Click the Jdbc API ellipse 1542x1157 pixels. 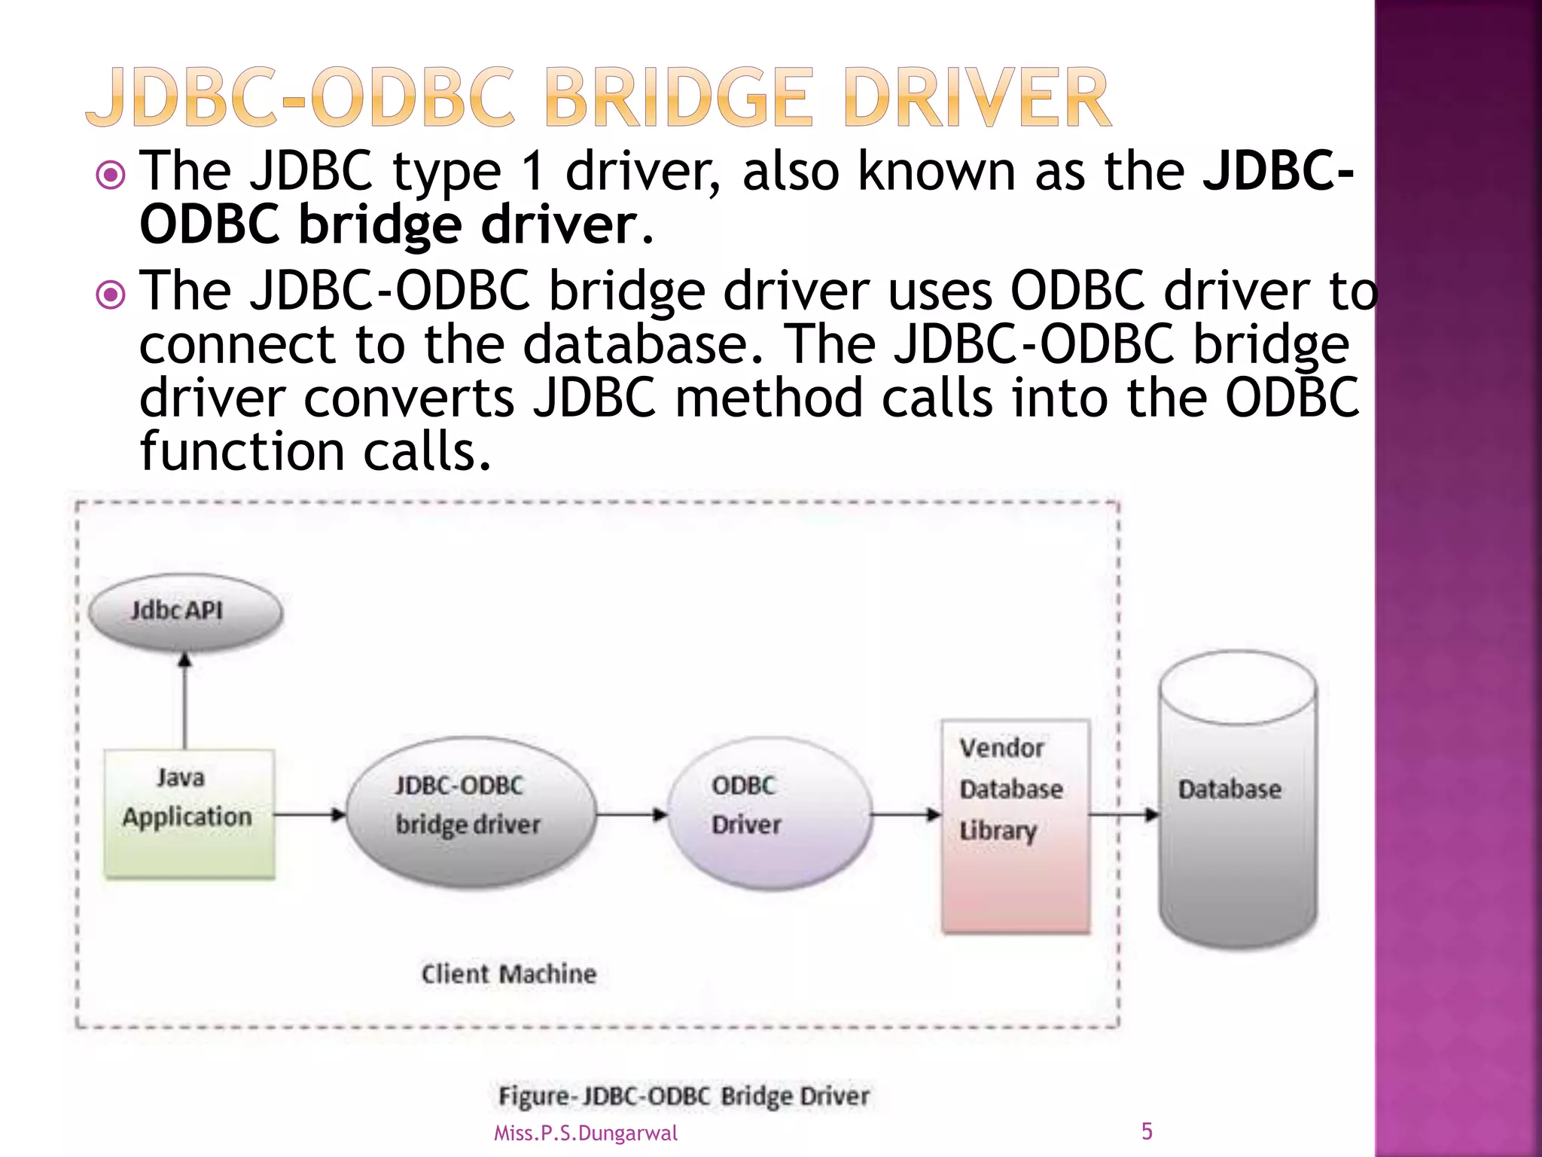pyautogui.click(x=184, y=611)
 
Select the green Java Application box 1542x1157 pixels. pyautogui.click(x=189, y=814)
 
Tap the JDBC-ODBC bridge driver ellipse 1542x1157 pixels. pyautogui.click(x=471, y=812)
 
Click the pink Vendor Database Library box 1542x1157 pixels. pyautogui.click(x=1015, y=827)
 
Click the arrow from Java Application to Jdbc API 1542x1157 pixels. pyautogui.click(x=184, y=701)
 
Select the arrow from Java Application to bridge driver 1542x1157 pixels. pyautogui.click(x=309, y=814)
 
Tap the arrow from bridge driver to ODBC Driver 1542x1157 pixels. pyautogui.click(x=631, y=814)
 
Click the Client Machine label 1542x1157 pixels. pyautogui.click(x=509, y=973)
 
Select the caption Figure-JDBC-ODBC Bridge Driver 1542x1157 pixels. pyautogui.click(x=684, y=1096)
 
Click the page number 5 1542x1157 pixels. pyautogui.click(x=1146, y=1131)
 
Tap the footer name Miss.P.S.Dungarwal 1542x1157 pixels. pyautogui.click(x=585, y=1133)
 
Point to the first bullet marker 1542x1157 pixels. pyautogui.click(x=111, y=176)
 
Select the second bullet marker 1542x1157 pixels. pyautogui.click(x=111, y=295)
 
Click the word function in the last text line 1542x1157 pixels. pyautogui.click(x=242, y=452)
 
